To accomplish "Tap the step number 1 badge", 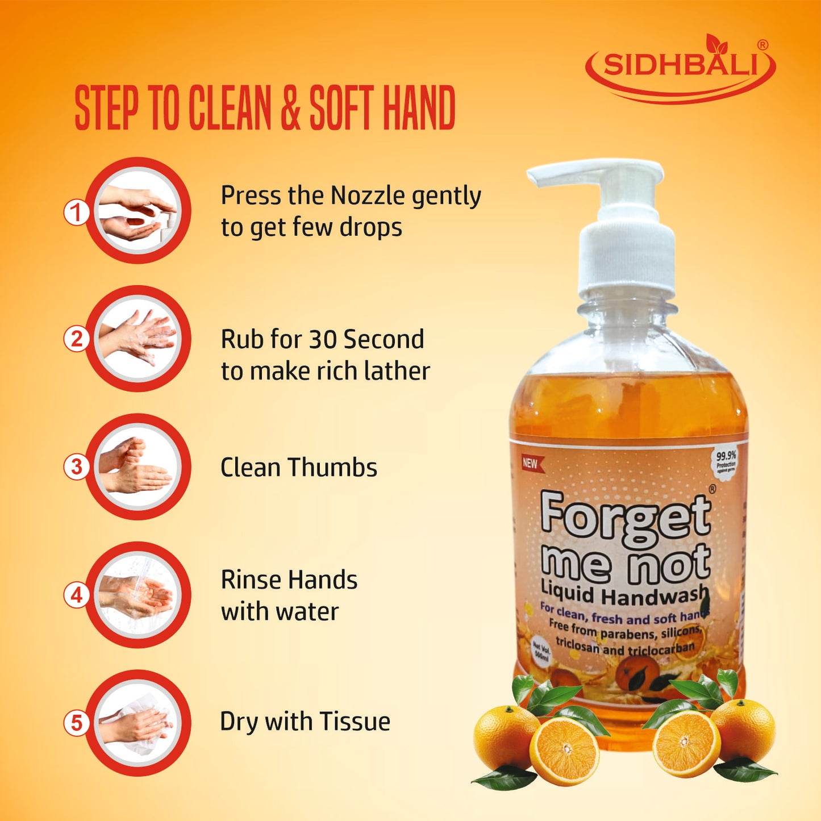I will coord(76,214).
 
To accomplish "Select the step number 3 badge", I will coord(76,467).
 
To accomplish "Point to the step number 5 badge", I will coord(76,723).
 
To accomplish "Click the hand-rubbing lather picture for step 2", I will coord(138,338).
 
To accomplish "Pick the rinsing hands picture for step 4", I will coord(138,594).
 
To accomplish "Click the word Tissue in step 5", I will coord(355,722).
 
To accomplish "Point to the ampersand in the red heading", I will coord(290,108).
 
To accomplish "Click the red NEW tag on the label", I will coord(531,463).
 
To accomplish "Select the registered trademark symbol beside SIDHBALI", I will coord(762,45).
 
